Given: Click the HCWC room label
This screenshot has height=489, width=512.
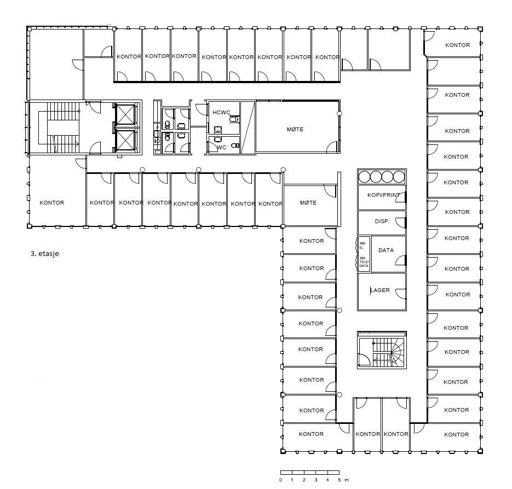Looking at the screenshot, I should click(x=222, y=112).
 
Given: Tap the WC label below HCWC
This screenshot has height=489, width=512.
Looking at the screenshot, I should click(x=222, y=147).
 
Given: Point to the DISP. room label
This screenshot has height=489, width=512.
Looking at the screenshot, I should click(x=382, y=222).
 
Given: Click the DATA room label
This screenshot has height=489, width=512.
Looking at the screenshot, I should click(x=386, y=250).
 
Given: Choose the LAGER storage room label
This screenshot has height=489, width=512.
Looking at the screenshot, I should click(x=380, y=290).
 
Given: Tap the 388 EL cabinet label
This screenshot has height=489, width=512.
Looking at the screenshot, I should click(x=362, y=246).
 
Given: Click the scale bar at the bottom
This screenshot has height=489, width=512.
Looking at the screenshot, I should click(x=310, y=472).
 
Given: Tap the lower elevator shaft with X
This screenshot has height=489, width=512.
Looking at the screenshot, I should click(x=126, y=141).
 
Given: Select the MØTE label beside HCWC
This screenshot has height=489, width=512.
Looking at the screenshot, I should click(x=295, y=130).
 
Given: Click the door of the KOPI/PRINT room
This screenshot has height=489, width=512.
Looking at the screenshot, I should click(x=404, y=199).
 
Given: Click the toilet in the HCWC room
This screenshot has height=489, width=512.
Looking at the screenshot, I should click(x=234, y=119).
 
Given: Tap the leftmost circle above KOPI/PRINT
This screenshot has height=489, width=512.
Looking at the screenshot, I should click(x=365, y=177).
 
